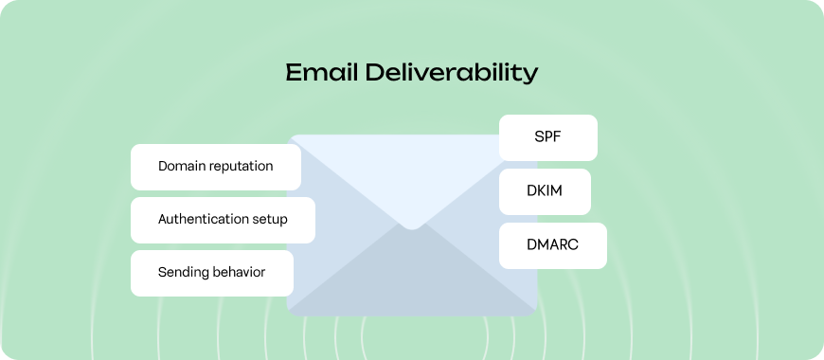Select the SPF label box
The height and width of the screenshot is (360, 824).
pyautogui.click(x=548, y=137)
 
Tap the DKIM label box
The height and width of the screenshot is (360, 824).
pyautogui.click(x=545, y=191)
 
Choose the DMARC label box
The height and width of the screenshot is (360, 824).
pyautogui.click(x=552, y=245)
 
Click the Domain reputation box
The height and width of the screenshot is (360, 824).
pyautogui.click(x=215, y=167)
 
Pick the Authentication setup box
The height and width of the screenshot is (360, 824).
pyautogui.click(x=223, y=220)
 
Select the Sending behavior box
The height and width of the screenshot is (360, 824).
pyautogui.click(x=211, y=273)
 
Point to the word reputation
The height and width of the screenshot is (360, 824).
pyautogui.click(x=241, y=167)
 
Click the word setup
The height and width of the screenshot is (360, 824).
pyautogui.click(x=270, y=220)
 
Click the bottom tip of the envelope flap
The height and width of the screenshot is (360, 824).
pyautogui.click(x=411, y=227)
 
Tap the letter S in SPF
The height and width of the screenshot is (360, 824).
pyautogui.click(x=538, y=137)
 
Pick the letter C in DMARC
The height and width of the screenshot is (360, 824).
pyautogui.click(x=572, y=245)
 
